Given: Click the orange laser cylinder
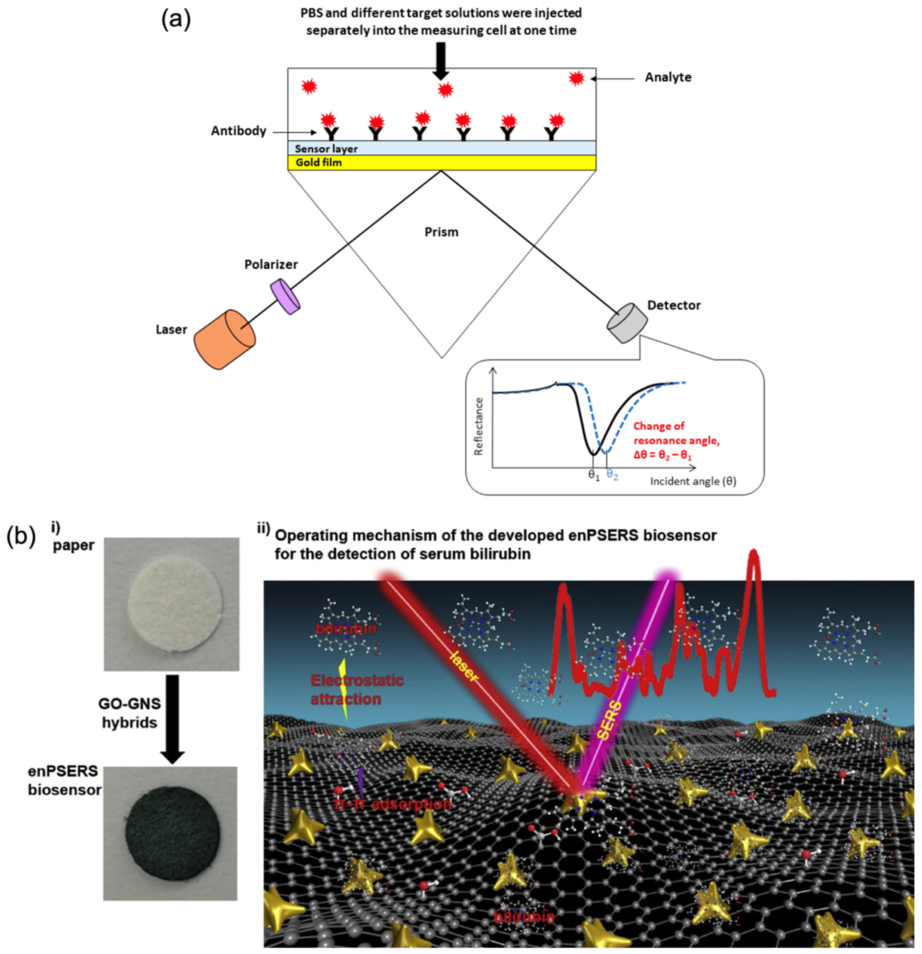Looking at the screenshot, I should click(x=224, y=339).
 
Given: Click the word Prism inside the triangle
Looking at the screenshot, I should click(x=441, y=232).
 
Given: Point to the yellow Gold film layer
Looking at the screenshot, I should click(x=441, y=162).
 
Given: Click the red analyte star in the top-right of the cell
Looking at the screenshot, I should click(x=577, y=78).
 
